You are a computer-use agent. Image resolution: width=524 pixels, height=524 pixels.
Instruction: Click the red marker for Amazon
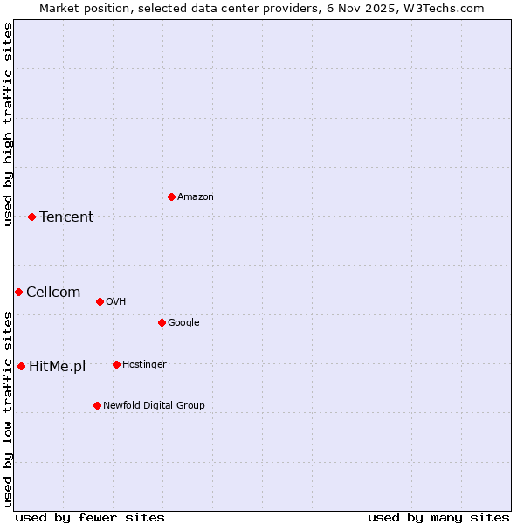pos(171,196)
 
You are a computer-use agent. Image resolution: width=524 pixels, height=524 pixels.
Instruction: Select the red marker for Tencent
pos(31,217)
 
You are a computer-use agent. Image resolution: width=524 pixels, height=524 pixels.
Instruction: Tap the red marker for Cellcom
pos(18,292)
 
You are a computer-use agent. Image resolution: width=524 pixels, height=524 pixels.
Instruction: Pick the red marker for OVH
pos(100,301)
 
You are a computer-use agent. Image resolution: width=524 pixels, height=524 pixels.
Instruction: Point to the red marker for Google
pos(162,322)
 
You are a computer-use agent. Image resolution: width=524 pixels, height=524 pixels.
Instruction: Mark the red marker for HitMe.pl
pos(21,366)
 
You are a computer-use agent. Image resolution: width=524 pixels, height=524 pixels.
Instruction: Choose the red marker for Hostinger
pos(116,364)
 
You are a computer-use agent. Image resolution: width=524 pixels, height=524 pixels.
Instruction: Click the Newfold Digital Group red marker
pos(97,405)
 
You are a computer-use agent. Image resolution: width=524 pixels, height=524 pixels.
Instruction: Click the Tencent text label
pos(66,217)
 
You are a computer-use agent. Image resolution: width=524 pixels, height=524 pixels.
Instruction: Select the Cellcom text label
pos(53,293)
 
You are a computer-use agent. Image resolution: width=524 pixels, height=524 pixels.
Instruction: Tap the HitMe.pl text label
pos(58,367)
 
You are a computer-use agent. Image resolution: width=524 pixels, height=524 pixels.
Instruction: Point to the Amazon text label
pos(196,197)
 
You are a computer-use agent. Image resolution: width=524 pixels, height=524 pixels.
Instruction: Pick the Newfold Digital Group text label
pos(154,405)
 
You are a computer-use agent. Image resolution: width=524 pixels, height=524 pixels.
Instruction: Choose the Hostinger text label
pos(144,364)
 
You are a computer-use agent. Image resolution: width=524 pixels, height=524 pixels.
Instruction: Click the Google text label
pos(183,322)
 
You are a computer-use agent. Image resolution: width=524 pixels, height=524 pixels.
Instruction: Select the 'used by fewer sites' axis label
pos(90,517)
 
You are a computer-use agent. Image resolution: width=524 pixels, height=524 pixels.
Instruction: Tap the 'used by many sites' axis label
pos(438,517)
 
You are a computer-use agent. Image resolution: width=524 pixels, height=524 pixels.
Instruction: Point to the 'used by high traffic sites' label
pos(8,124)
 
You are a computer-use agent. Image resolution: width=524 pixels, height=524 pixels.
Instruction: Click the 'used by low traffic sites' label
pos(8,409)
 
